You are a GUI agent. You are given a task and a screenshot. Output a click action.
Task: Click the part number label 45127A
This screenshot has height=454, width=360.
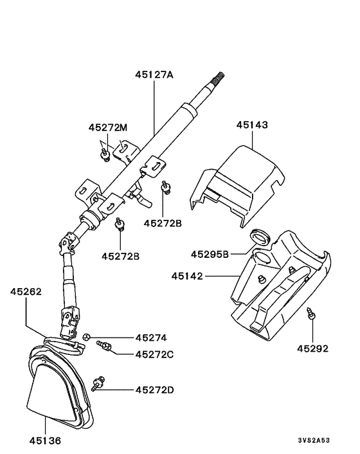coord(154,75)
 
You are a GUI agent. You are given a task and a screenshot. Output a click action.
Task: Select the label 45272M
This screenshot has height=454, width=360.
coord(107,127)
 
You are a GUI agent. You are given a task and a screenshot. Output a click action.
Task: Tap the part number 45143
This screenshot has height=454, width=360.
coord(252,125)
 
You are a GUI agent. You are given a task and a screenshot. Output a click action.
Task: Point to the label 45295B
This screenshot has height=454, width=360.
coord(210,254)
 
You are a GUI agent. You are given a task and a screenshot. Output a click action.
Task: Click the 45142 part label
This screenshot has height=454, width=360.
coord(187,276)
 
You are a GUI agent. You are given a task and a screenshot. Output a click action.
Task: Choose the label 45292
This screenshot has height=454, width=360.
coord(313,349)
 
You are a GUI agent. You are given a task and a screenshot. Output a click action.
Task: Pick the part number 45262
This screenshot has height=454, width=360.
coord(26,291)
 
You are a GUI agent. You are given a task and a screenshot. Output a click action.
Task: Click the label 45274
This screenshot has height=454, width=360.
coord(151,338)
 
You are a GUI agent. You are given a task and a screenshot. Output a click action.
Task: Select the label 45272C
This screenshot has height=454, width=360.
coord(154,354)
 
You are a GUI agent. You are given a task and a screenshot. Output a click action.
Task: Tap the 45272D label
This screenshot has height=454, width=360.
coord(154,390)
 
